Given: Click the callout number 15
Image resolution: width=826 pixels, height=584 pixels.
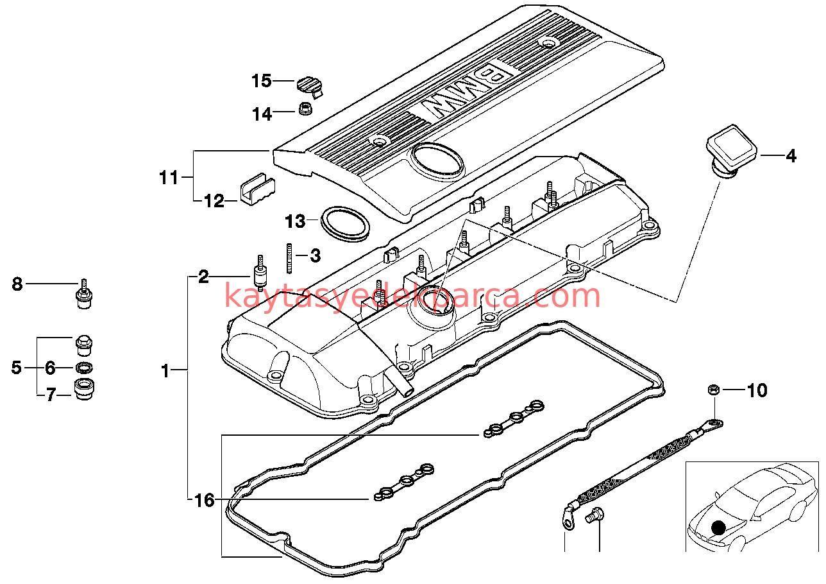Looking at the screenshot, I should click(x=262, y=81).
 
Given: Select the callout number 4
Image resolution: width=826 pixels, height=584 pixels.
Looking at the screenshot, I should click(x=791, y=155).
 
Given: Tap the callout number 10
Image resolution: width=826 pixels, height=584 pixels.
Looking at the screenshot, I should click(x=757, y=390).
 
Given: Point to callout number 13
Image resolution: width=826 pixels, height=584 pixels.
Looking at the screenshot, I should click(x=296, y=222).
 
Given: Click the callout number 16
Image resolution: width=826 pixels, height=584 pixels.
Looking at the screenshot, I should click(x=204, y=501).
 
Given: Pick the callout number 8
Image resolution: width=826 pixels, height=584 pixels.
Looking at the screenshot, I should click(x=17, y=283).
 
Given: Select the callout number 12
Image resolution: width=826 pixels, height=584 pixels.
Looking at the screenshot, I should click(x=214, y=202).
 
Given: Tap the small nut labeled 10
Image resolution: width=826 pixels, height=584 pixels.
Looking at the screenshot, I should click(x=716, y=390).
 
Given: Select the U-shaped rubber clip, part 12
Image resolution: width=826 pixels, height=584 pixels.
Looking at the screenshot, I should click(x=257, y=187).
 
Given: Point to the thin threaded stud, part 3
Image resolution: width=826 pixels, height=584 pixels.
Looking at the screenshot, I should click(x=291, y=257).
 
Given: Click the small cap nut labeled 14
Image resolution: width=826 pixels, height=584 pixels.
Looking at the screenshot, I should click(x=305, y=109).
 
